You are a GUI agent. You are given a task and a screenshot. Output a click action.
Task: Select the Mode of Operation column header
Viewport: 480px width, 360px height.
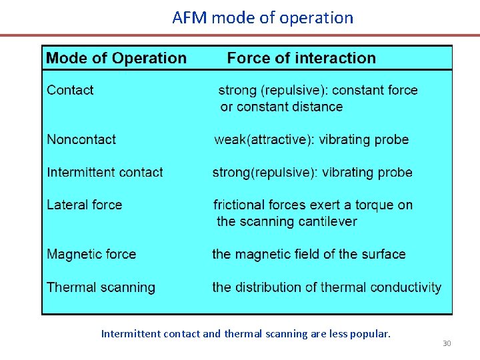[116, 58]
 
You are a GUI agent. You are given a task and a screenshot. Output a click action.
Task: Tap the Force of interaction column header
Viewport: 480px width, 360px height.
[301, 58]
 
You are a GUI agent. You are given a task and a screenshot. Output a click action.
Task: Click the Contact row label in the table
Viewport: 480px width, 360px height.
[70, 90]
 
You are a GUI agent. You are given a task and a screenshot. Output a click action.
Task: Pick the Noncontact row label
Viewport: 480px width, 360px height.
[81, 139]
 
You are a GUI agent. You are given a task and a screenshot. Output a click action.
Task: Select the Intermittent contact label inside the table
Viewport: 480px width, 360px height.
[105, 172]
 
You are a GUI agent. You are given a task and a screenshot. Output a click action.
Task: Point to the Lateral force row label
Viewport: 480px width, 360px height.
[85, 205]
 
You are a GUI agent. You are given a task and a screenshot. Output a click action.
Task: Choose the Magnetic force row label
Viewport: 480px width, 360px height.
[91, 254]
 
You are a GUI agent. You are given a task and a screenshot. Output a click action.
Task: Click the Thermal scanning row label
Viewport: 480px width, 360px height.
[101, 287]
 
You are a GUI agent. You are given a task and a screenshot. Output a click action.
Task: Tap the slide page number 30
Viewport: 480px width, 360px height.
[447, 343]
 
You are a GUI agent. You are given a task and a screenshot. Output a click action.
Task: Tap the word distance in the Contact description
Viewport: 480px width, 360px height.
[317, 107]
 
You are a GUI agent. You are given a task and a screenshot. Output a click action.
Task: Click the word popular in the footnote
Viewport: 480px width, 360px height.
[369, 333]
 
